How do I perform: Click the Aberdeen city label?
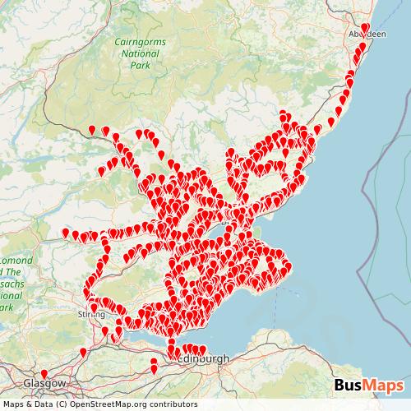(366, 35)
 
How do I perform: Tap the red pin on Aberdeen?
(365, 27)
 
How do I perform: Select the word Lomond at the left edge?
(16, 260)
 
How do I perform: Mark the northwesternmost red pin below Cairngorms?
(92, 129)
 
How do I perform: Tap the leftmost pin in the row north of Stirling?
(66, 233)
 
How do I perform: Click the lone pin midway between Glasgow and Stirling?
(83, 352)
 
